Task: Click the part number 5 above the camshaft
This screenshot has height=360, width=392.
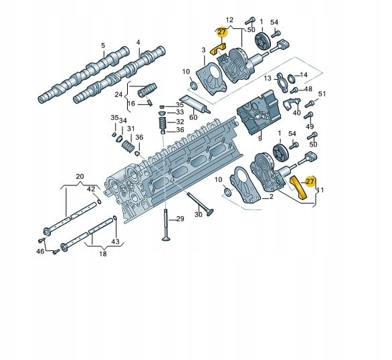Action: pyautogui.click(x=103, y=46)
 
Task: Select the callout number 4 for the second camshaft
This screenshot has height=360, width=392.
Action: pyautogui.click(x=138, y=43)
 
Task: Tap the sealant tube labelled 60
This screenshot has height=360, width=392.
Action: pyautogui.click(x=195, y=104)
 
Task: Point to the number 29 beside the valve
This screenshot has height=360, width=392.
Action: pyautogui.click(x=180, y=219)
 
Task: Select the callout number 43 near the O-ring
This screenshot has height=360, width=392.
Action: pyautogui.click(x=116, y=242)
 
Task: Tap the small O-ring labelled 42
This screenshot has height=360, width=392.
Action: pyautogui.click(x=99, y=201)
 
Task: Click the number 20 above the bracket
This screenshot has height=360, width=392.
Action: pyautogui.click(x=80, y=177)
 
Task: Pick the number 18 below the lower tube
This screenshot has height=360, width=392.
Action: pyautogui.click(x=103, y=254)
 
